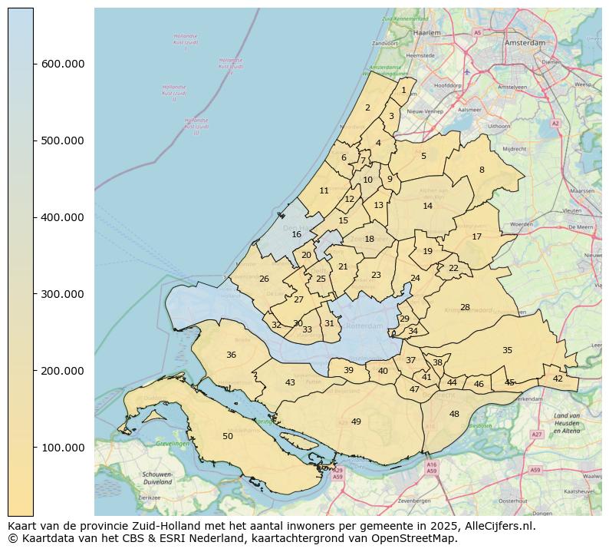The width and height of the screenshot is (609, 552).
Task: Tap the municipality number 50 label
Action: (x=228, y=436)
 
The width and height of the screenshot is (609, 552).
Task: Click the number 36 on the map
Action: (x=231, y=355)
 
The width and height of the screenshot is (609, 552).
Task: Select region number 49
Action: (x=356, y=421)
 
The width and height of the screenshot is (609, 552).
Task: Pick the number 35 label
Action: (x=507, y=350)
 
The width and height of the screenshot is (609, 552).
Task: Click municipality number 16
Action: (x=296, y=234)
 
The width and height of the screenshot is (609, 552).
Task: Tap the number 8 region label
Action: (x=482, y=170)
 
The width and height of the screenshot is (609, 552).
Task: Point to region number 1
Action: (x=403, y=90)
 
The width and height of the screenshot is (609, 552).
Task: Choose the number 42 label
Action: (x=558, y=378)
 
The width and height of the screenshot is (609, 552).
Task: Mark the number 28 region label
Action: (x=465, y=307)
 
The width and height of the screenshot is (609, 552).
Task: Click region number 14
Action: (x=427, y=206)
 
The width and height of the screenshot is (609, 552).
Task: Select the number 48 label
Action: (x=454, y=414)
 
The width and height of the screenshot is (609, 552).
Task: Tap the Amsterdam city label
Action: (x=525, y=43)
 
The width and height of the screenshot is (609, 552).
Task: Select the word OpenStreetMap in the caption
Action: (x=423, y=538)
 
